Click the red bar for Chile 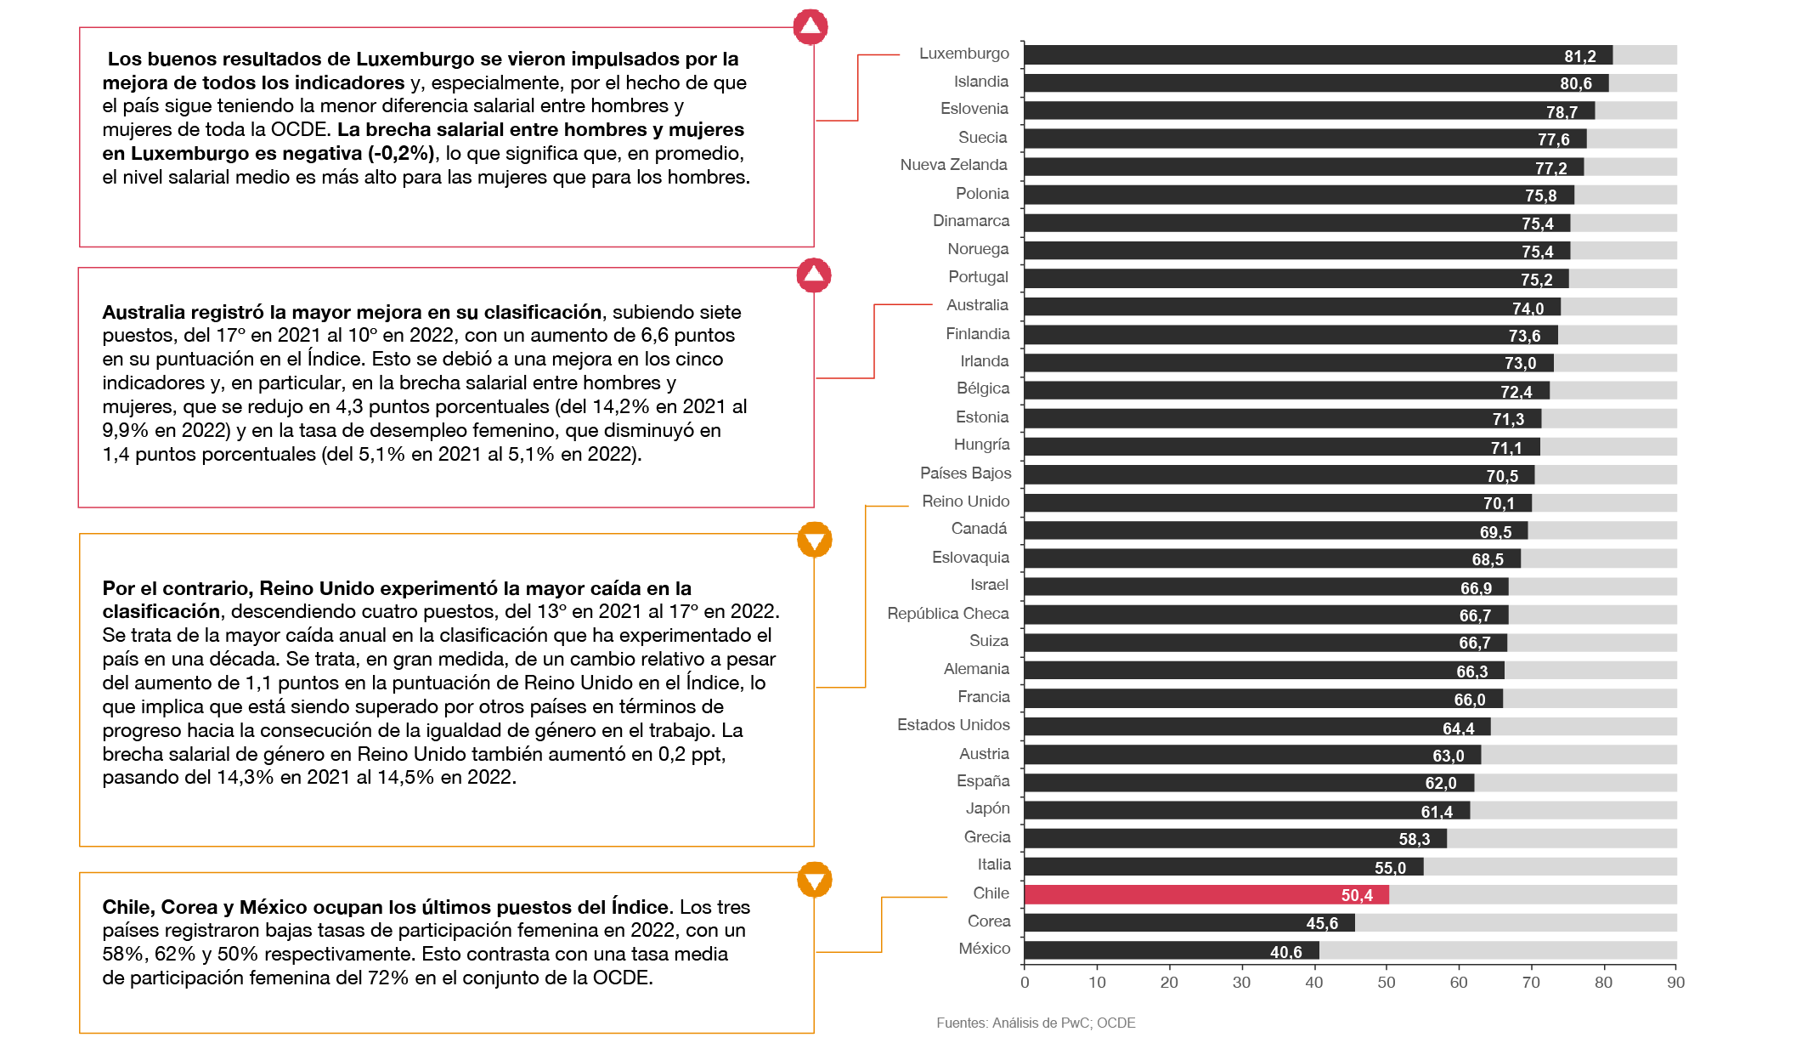[x=1206, y=894]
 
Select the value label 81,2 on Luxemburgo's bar [x=1579, y=56]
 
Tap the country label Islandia [x=980, y=82]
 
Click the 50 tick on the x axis [x=1386, y=983]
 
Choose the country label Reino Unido [x=965, y=502]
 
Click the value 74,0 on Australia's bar [x=1528, y=309]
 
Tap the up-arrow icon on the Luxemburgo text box [x=810, y=27]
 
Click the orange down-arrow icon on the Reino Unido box [x=814, y=540]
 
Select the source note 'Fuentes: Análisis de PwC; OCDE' [x=1036, y=1023]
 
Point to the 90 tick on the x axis [x=1675, y=983]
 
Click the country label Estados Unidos [x=953, y=725]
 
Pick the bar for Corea [x=1189, y=922]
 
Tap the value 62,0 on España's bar [x=1440, y=783]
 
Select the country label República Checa [x=947, y=614]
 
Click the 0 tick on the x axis [x=1025, y=983]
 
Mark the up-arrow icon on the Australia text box [x=814, y=275]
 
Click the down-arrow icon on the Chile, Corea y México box [x=814, y=880]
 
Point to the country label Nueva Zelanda [x=953, y=165]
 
